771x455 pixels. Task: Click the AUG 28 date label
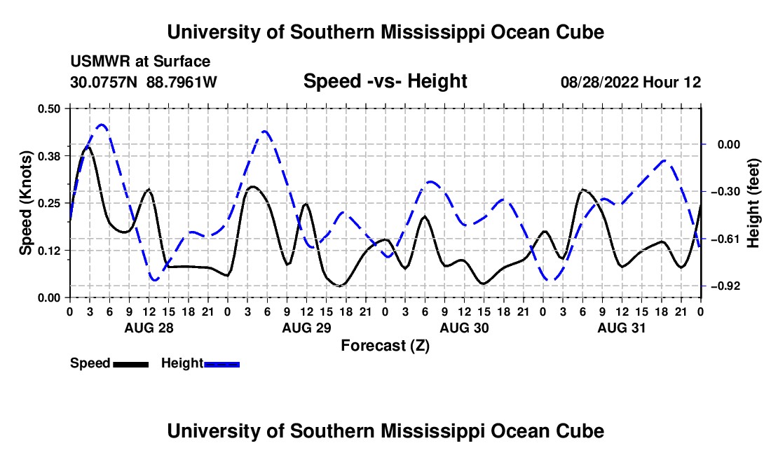coord(149,328)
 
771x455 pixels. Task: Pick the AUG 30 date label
coord(464,328)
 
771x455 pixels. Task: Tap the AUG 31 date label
coord(622,328)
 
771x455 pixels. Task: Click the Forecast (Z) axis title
coord(385,346)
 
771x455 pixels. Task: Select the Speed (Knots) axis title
coord(25,203)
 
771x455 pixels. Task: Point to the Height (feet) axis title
coord(753,203)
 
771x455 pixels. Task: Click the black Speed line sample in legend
coord(131,364)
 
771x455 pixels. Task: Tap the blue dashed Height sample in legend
coord(221,364)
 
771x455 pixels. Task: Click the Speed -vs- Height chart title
coord(385,81)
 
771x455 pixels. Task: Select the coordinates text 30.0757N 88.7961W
coord(143,82)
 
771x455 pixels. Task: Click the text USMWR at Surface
coord(140,62)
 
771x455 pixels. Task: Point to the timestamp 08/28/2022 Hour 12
coord(631,82)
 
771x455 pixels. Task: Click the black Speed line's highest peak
coord(88,147)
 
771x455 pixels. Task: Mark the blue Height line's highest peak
coord(102,125)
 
